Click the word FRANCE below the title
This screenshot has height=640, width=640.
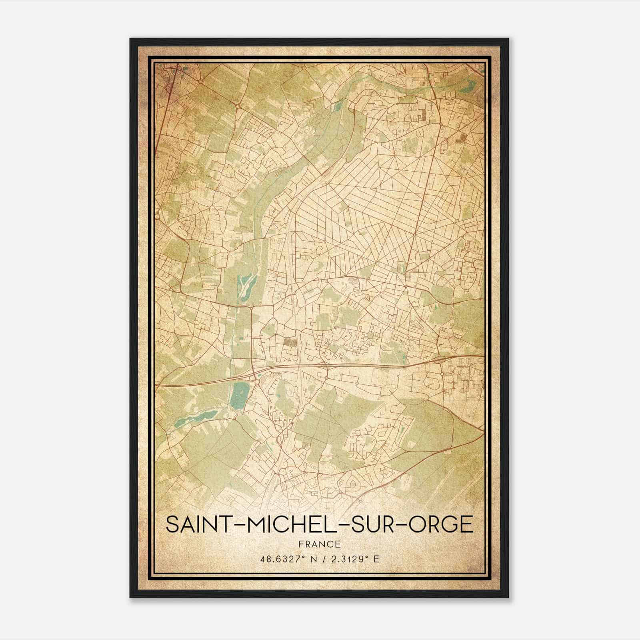pyautogui.click(x=319, y=544)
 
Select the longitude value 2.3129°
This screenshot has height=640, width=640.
pyautogui.click(x=349, y=559)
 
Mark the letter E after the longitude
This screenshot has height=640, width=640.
pyautogui.click(x=376, y=559)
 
